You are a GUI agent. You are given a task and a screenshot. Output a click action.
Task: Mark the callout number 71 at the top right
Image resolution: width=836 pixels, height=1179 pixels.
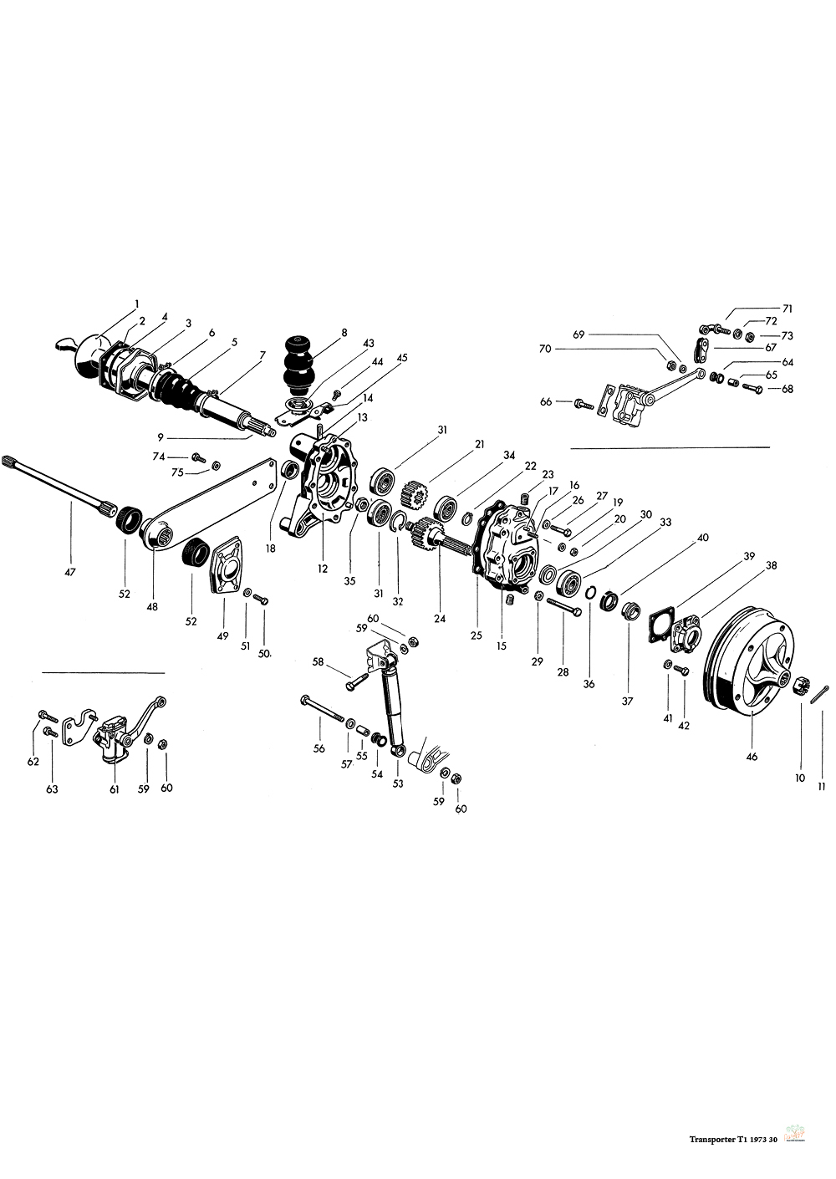[787, 309]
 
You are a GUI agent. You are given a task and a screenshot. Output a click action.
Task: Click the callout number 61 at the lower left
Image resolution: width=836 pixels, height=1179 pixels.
[114, 788]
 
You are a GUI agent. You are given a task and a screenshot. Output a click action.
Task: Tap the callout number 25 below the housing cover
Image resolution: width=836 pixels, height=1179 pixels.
[476, 635]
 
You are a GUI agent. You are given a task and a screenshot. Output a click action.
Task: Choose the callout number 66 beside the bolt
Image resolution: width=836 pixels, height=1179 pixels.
[547, 402]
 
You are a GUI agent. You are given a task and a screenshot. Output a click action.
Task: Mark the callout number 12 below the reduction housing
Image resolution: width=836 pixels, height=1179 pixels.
[323, 568]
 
